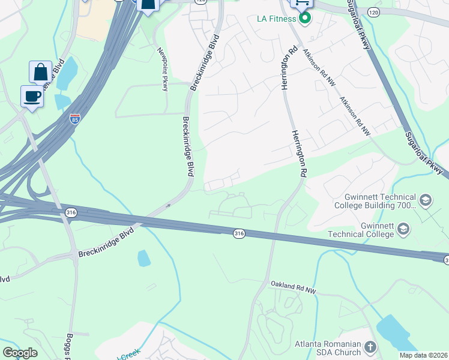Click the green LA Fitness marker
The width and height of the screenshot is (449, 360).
(305, 18)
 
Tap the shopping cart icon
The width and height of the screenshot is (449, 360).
(301, 4)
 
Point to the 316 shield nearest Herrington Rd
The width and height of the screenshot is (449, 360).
(239, 232)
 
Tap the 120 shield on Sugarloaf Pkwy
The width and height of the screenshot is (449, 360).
(373, 12)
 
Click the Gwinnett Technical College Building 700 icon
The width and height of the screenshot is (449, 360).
(426, 200)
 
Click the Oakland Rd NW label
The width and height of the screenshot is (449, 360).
(292, 287)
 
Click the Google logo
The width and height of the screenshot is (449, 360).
(20, 353)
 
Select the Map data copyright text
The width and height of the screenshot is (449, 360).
(423, 355)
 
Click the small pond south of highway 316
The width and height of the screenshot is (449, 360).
(144, 258)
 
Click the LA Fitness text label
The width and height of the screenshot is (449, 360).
(276, 19)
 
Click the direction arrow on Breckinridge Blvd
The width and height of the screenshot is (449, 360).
(168, 205)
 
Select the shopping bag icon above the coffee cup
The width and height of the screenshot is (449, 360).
(40, 72)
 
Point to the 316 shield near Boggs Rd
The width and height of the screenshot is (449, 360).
(70, 212)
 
